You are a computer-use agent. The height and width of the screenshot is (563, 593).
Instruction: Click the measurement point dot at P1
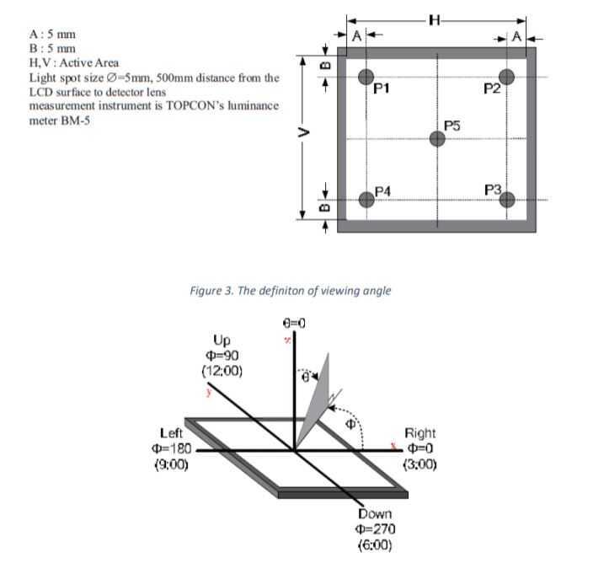(x=366, y=76)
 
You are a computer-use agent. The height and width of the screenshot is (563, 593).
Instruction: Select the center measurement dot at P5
(x=436, y=138)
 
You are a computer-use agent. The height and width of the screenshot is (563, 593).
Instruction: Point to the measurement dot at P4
(x=366, y=200)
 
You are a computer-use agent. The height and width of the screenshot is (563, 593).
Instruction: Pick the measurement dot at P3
(x=506, y=200)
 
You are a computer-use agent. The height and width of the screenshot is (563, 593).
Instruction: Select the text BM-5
(x=77, y=121)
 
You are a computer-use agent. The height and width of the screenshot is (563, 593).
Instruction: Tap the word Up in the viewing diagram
(x=221, y=340)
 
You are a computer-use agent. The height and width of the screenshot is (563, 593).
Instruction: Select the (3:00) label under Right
(x=420, y=464)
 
